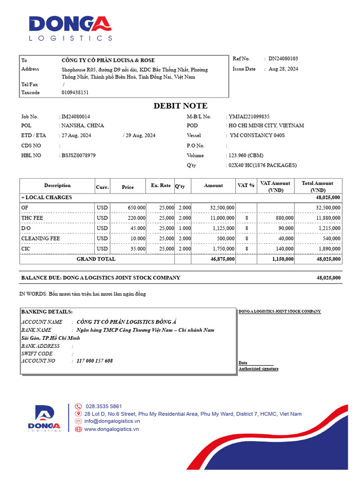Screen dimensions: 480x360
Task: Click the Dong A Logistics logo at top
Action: click(70, 29)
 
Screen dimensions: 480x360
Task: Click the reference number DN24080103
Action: click(283, 59)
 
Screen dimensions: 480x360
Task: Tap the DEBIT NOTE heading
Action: click(180, 106)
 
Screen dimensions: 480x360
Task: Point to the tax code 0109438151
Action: click(75, 92)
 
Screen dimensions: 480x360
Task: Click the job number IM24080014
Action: click(76, 116)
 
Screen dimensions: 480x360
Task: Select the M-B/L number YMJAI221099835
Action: click(249, 116)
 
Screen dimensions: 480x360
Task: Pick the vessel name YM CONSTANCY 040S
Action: click(257, 135)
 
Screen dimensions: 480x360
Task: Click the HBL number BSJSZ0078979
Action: click(78, 155)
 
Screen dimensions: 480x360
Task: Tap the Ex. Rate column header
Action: click(161, 186)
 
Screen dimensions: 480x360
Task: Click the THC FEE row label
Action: click(32, 217)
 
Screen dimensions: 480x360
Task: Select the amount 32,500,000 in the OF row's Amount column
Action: click(219, 207)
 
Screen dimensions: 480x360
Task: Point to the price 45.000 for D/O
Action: click(136, 228)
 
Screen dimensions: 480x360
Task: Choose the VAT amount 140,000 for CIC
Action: click(284, 248)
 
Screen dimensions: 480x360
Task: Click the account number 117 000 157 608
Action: click(95, 361)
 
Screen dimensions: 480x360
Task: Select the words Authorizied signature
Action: click(258, 369)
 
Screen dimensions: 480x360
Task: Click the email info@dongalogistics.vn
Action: click(112, 421)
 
